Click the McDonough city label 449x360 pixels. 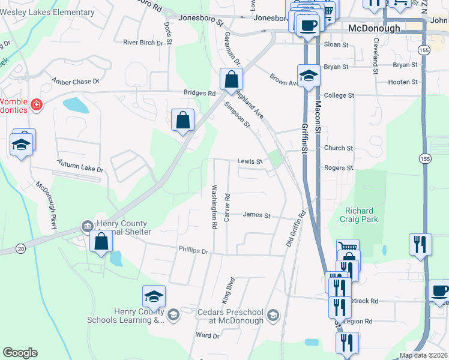pos(374,28)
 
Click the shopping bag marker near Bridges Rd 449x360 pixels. pos(231,80)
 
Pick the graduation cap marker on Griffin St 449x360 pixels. pos(309,76)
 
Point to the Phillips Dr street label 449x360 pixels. pos(193,250)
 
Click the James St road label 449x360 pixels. pos(257,215)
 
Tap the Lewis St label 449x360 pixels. pos(250,161)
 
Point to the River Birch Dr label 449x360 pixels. pos(143,43)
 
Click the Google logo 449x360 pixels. pos(20,353)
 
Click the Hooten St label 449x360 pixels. pos(403,82)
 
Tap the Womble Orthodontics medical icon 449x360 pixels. pos(37,105)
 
